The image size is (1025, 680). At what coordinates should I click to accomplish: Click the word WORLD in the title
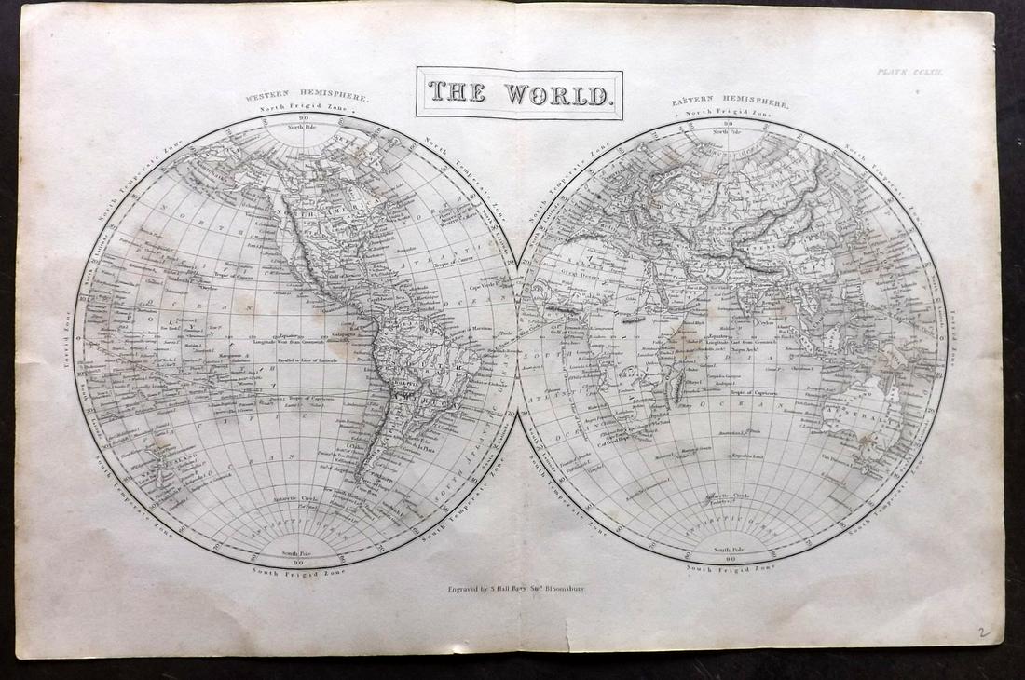pyautogui.click(x=560, y=94)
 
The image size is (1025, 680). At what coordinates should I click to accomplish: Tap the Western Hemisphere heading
pyautogui.click(x=307, y=97)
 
